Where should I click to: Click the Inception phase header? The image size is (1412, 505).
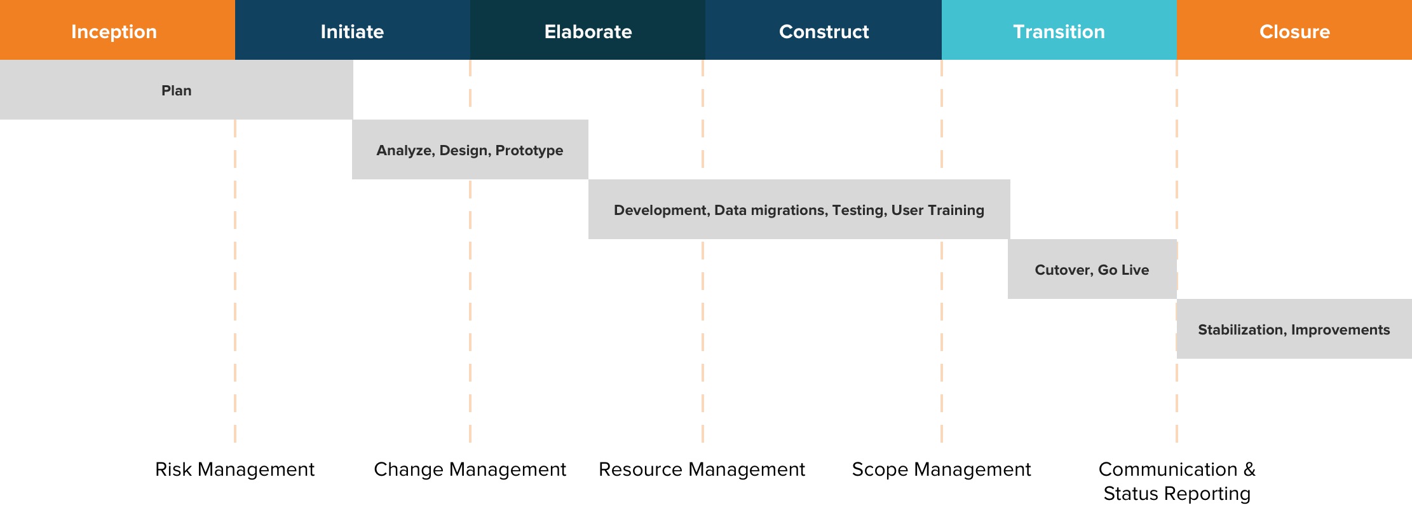[118, 30]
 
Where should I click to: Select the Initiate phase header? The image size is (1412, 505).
[353, 30]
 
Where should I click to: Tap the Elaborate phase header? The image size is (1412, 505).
[588, 30]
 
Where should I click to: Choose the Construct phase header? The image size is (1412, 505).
[824, 30]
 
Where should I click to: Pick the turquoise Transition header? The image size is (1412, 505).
[1059, 30]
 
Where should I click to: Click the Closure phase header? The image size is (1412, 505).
[1294, 30]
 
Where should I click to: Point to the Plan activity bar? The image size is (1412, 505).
[177, 90]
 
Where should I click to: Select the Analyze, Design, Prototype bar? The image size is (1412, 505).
[470, 149]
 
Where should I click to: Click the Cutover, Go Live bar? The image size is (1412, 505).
[1092, 269]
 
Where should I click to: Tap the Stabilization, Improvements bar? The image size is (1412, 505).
[1294, 329]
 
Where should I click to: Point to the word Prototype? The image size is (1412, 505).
[529, 151]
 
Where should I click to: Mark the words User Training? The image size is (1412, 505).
[938, 211]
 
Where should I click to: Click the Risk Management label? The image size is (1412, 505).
[235, 469]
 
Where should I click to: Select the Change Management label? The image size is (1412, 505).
[470, 469]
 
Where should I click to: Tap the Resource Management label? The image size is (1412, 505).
[702, 469]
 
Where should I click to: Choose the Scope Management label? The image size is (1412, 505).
[942, 469]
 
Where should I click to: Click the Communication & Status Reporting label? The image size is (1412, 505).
[1177, 481]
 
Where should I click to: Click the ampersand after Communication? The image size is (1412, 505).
[1249, 469]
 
